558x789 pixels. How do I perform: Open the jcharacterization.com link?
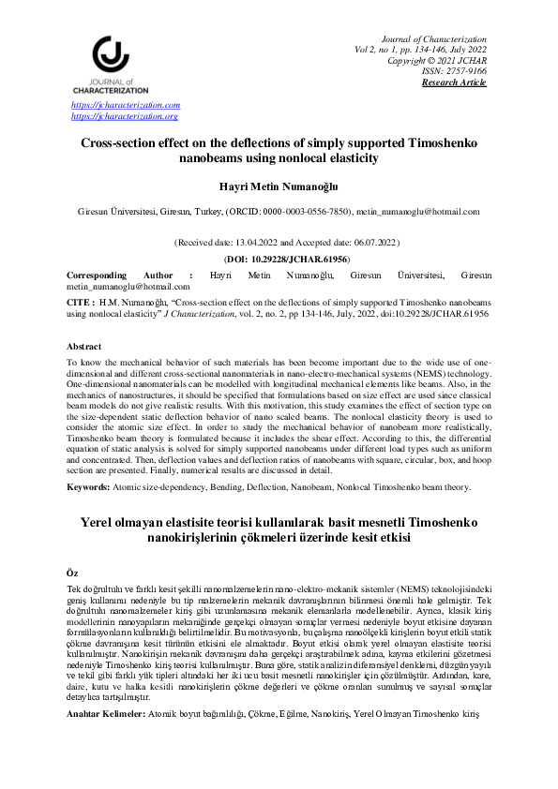pos(126,106)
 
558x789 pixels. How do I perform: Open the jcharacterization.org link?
pos(125,116)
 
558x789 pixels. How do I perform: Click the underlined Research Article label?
pos(454,82)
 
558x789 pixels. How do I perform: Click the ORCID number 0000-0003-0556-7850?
pos(306,213)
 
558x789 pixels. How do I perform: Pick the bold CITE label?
pos(79,305)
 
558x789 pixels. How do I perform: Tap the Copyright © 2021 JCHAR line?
pos(437,60)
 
